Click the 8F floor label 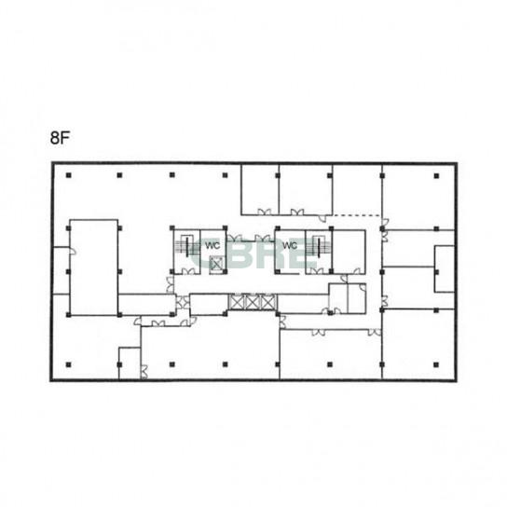pos(60,138)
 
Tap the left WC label pos(212,245)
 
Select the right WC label pos(290,245)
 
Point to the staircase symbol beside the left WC pos(187,247)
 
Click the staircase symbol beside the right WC pos(319,247)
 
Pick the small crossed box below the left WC pos(216,264)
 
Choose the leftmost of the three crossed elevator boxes pos(237,302)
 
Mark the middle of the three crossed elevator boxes pos(253,302)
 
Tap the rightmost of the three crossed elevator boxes pos(268,302)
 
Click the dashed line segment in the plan pos(357,215)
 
